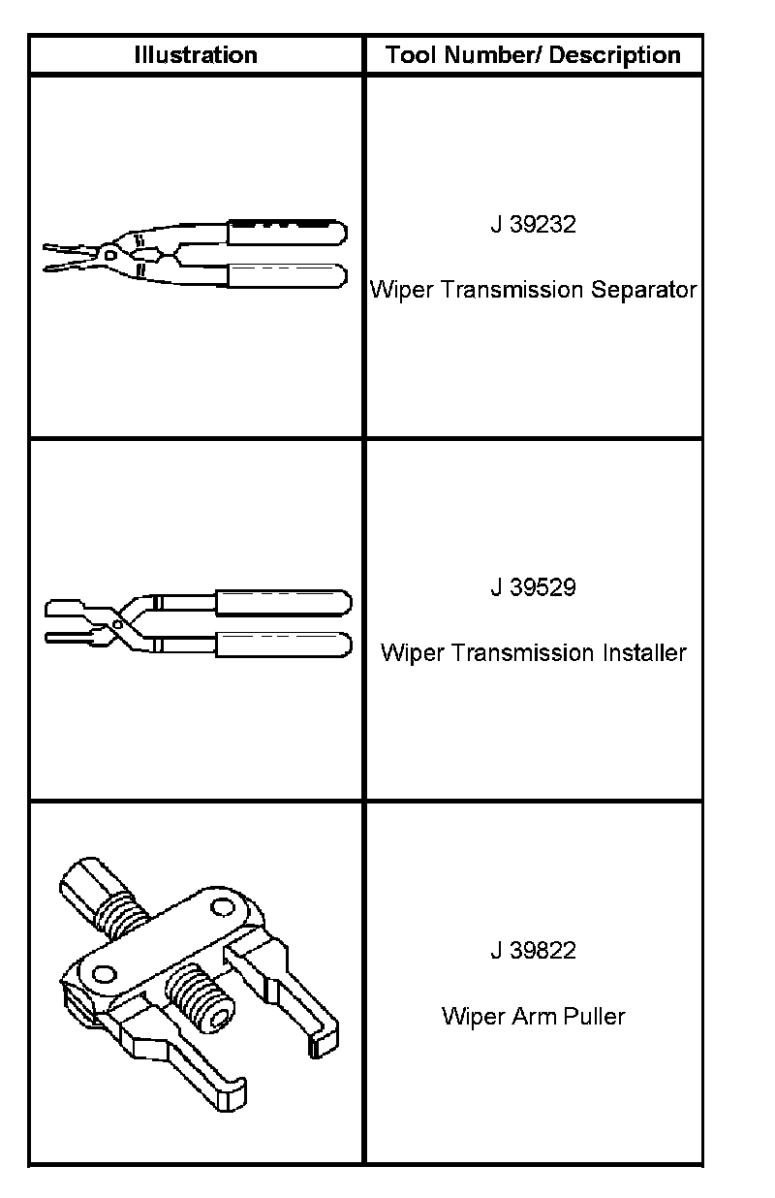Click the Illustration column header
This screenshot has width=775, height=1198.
196,55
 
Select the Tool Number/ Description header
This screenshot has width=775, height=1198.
533,55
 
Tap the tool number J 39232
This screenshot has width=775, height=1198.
533,225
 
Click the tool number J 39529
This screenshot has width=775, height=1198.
533,587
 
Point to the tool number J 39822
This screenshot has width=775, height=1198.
533,951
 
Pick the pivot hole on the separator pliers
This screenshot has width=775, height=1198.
111,255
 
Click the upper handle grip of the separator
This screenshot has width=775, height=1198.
287,233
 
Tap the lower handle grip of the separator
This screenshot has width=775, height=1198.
287,275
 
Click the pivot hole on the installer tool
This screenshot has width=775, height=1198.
115,625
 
